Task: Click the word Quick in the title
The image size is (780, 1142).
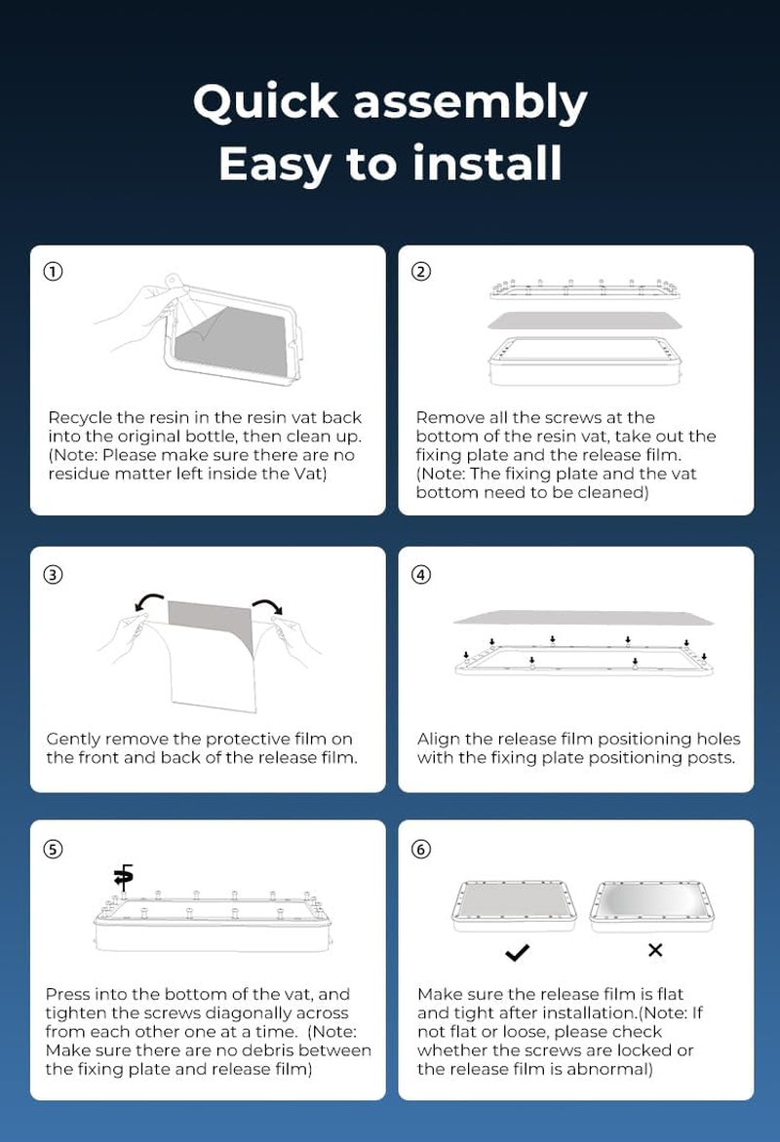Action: tap(266, 102)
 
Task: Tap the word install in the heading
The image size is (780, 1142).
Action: tap(487, 163)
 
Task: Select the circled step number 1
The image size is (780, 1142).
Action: tap(54, 272)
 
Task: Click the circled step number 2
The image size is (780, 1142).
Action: tap(421, 272)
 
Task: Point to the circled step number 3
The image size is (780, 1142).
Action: tap(54, 575)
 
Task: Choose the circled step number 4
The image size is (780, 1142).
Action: tap(421, 575)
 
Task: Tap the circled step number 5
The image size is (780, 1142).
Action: tap(54, 850)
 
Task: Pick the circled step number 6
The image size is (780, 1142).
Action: tap(421, 850)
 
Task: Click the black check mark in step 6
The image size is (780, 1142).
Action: tap(517, 953)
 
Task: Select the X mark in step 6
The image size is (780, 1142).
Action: tap(655, 950)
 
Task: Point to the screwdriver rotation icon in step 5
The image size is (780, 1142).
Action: tap(124, 877)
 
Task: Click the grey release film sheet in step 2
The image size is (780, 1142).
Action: tap(585, 321)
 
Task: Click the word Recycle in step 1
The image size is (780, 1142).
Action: tap(80, 418)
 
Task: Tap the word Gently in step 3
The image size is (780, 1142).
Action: tap(73, 740)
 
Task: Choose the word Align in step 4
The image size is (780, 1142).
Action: tap(438, 740)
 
